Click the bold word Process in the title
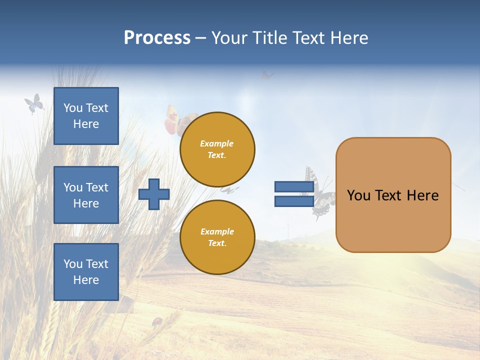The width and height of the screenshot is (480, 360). [157, 37]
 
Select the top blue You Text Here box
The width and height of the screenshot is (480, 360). [86, 116]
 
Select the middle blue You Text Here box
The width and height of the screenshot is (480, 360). [86, 195]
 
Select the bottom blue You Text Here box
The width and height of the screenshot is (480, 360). [86, 272]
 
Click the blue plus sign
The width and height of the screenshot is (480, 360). [154, 194]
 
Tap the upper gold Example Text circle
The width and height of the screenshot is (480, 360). [217, 149]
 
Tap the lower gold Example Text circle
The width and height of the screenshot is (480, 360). [217, 237]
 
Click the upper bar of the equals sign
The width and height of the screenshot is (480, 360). [294, 186]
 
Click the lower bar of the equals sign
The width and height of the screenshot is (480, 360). [294, 201]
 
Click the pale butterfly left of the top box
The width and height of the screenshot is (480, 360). [34, 103]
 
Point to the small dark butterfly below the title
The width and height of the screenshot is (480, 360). [267, 75]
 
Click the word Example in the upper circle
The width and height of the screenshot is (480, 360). [217, 143]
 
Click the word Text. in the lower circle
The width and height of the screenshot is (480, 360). [217, 243]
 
